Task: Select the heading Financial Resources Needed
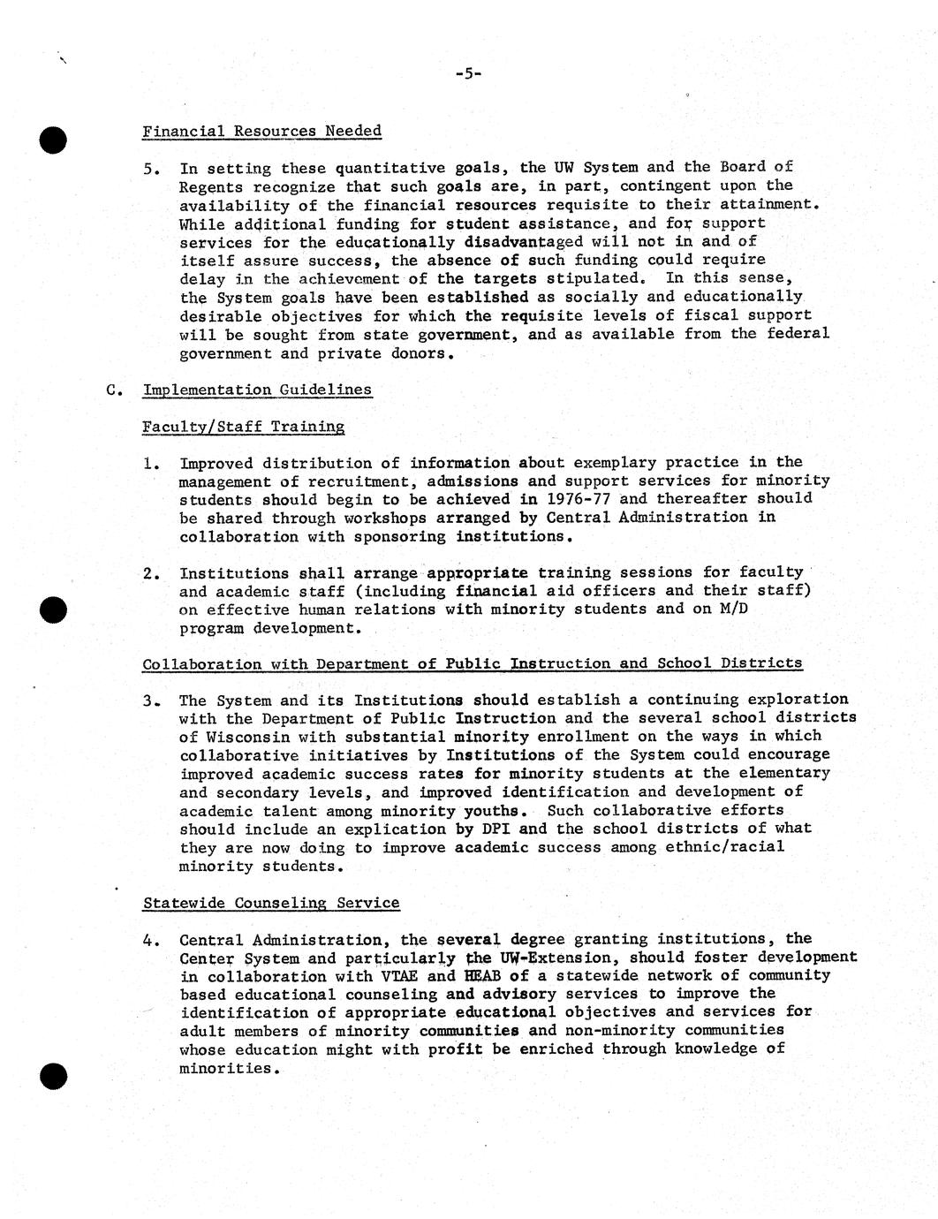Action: (261, 131)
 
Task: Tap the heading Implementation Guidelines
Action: (257, 390)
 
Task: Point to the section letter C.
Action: (111, 390)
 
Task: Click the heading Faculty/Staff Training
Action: (243, 427)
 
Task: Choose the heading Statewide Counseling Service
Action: (270, 903)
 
